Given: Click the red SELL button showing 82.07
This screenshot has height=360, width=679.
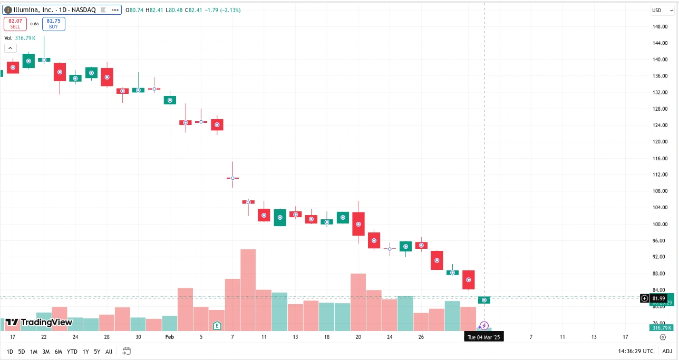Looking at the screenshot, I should pyautogui.click(x=15, y=23).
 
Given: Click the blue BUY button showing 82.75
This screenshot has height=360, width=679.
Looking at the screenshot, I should pyautogui.click(x=53, y=23).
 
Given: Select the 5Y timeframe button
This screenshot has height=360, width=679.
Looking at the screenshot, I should pyautogui.click(x=97, y=352).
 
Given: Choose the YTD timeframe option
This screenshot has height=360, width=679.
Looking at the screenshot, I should pyautogui.click(x=72, y=352).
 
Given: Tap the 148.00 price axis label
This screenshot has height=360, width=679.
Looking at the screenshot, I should pyautogui.click(x=659, y=26).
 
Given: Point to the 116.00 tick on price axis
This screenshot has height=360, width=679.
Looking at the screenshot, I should pyautogui.click(x=659, y=158).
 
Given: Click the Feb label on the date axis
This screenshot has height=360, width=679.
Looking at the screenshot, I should pyautogui.click(x=169, y=337).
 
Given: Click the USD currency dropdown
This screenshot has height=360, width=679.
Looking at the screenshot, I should pyautogui.click(x=658, y=10).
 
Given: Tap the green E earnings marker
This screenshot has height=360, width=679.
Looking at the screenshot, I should pyautogui.click(x=217, y=326).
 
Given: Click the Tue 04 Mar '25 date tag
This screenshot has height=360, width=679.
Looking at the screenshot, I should pyautogui.click(x=484, y=337).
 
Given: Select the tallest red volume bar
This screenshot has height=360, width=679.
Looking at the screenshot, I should pyautogui.click(x=248, y=290).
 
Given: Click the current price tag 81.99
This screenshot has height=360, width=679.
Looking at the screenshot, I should pyautogui.click(x=658, y=298).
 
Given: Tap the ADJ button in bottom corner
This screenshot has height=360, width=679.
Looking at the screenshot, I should pyautogui.click(x=667, y=352).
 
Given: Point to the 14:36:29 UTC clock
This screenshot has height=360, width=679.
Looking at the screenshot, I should pyautogui.click(x=636, y=352).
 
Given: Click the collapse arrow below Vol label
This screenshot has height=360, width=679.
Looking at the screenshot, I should pyautogui.click(x=10, y=48).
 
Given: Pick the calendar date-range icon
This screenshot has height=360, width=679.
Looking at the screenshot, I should pyautogui.click(x=127, y=351).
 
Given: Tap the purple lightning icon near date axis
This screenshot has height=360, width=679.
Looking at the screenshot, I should pyautogui.click(x=484, y=326).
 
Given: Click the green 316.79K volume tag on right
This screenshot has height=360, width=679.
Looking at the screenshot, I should pyautogui.click(x=661, y=328).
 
